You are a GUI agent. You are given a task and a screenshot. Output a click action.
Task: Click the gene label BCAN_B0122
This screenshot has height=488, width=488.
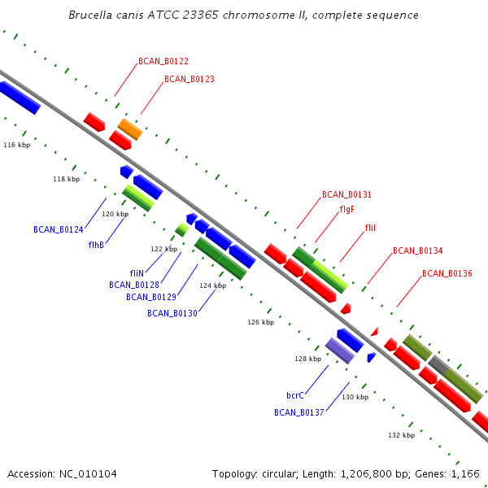point(163,61)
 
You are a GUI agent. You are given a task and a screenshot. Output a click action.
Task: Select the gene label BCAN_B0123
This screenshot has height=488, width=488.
point(190,79)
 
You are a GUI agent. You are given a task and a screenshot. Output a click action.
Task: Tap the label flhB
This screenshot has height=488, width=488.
point(96,245)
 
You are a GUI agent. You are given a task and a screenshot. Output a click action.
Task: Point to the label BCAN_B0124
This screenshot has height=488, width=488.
point(59,229)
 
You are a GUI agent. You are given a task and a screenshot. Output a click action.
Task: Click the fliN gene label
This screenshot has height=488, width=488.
point(137,273)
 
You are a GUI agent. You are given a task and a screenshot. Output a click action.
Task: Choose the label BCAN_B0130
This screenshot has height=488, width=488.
point(172,313)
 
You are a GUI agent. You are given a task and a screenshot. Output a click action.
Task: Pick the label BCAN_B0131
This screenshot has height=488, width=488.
point(346,194)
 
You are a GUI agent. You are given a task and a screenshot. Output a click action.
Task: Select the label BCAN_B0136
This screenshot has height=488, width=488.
point(447,273)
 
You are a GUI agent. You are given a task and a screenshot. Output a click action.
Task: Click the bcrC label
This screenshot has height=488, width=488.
point(295,395)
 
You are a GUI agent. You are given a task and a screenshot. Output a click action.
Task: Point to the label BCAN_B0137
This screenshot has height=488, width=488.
point(299,412)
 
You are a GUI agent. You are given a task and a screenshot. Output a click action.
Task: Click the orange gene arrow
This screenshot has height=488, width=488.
point(130,129)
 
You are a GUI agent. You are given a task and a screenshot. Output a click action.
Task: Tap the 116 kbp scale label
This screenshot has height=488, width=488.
point(17,145)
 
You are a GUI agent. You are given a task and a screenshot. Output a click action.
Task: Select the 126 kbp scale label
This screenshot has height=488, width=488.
point(261,322)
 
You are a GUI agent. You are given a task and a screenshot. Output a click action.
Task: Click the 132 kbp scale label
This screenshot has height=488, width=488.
point(401,435)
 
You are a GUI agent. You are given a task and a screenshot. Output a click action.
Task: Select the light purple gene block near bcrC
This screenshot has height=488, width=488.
point(339,350)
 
